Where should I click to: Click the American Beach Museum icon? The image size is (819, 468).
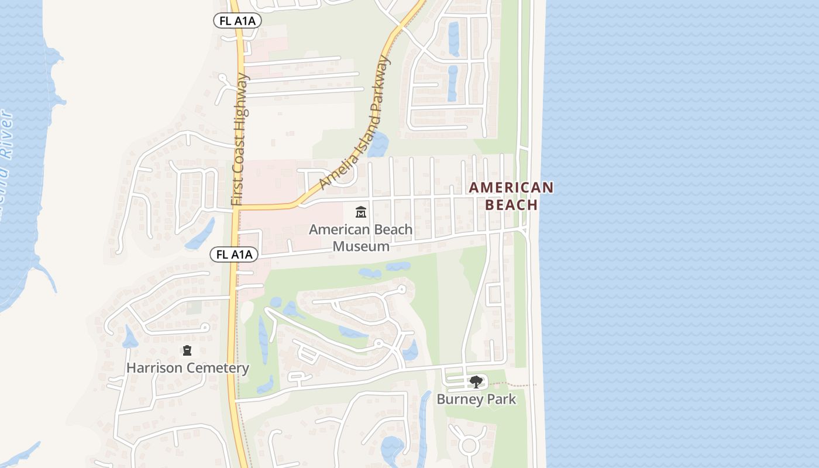pos(361,212)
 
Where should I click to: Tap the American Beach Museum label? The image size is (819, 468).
pos(361,238)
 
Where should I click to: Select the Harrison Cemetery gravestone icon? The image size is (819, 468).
pos(187,350)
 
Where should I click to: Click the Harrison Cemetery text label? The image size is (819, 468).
pos(188,368)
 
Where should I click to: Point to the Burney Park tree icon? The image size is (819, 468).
pos(476,383)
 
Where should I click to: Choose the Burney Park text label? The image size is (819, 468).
pos(477,400)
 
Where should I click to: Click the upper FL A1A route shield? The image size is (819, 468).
pos(236,20)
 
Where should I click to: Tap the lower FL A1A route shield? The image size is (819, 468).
pos(234,254)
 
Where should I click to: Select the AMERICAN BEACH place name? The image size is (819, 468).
pos(511,196)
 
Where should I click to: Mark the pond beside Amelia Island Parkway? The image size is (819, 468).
pos(378,144)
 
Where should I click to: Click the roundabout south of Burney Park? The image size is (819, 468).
pos(469,445)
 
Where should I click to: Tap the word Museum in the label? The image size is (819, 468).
pos(361,246)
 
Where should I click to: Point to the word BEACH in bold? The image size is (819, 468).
pos(511,205)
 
